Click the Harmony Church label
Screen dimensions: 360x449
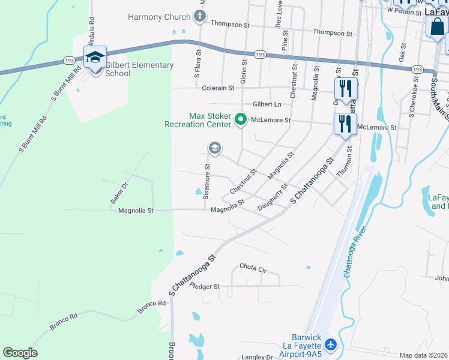pos(159,17)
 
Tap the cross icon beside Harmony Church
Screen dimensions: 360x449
pos(200,17)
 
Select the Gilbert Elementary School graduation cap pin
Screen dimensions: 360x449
pos(95,58)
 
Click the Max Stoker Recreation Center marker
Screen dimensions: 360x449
pos(240,120)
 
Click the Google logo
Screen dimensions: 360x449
pos(20,353)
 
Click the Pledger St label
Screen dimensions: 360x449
pos(205,287)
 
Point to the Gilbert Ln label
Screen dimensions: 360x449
pos(267,104)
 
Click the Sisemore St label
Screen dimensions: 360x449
pos(206,182)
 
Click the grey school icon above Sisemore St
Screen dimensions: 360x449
pos(214,148)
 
